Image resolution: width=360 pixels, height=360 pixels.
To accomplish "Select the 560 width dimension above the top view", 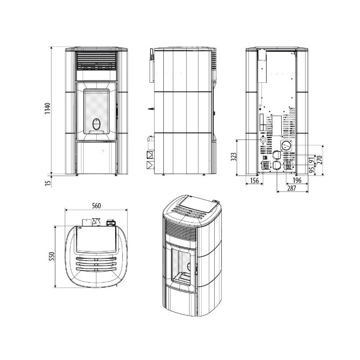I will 96,206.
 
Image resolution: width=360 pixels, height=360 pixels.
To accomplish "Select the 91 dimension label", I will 312,161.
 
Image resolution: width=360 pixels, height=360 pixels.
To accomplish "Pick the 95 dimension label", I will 312,170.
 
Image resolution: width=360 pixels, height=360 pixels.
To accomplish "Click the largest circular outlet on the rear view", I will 285,145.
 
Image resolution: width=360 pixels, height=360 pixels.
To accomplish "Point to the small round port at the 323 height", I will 262,140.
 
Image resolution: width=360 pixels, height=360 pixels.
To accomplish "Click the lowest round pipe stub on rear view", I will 275,165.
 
